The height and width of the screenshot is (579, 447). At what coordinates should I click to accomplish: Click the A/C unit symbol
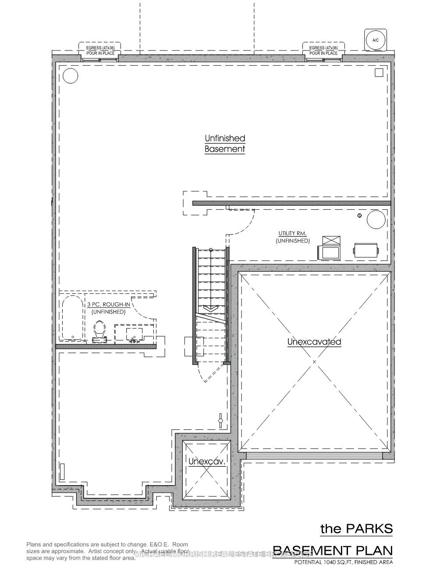pos(376,40)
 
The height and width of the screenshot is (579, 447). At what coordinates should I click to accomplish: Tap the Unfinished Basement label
pos(225,143)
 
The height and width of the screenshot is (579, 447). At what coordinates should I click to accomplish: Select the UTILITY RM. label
pos(292,233)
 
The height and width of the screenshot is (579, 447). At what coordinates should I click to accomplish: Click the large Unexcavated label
pos(314,341)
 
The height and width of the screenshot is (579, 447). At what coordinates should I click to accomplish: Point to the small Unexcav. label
pos(206,461)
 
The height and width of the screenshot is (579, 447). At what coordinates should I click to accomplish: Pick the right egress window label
pos(323,50)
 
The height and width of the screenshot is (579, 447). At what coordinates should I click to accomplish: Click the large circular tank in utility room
pos(376,219)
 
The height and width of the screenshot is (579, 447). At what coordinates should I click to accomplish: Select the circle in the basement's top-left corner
pos(70,76)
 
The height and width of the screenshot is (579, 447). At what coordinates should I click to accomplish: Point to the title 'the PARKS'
pos(356,529)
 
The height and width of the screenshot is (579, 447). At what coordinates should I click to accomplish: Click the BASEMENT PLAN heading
pos(333,550)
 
